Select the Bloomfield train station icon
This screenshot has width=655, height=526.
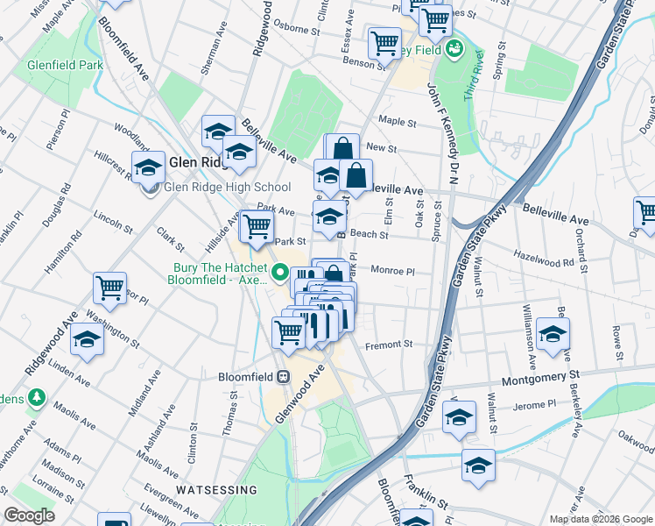283,377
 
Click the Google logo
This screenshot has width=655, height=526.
29,515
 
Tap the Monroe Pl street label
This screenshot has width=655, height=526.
391,272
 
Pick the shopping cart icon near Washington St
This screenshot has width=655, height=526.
109,288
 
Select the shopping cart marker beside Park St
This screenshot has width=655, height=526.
256,226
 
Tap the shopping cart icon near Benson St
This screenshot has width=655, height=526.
384,41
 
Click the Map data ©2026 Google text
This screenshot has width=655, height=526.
601,519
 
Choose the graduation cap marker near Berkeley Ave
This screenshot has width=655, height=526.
553,334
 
